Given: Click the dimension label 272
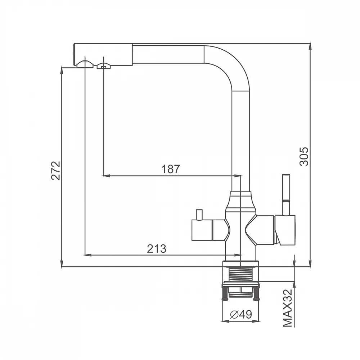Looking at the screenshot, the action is coord(56,171).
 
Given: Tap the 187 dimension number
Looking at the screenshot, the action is coord(171,169).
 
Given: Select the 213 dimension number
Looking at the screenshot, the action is coord(157,248).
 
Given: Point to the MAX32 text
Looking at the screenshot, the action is coord(288,308).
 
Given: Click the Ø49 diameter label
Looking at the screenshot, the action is coord(241,314).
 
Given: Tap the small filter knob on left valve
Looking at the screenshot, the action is coord(199,215).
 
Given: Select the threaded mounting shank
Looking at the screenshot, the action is coord(240,274).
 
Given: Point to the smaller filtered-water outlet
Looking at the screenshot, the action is coord(104,66).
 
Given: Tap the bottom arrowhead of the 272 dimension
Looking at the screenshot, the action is coord(62,264).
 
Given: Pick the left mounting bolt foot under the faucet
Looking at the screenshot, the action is coord(225,294).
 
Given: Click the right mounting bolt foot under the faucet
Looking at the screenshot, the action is coord(256,294).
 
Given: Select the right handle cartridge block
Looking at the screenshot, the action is coord(285,230).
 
